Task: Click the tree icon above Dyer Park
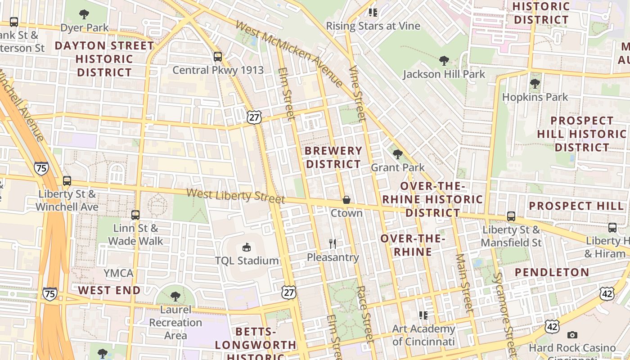point(84,14)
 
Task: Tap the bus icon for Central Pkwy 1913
point(218,57)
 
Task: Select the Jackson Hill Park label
point(444,74)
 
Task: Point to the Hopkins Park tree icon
point(535,84)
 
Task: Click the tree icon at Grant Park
point(398,154)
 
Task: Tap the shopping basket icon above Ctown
point(346,200)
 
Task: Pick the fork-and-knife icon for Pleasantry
point(333,244)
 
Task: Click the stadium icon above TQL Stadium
point(247,247)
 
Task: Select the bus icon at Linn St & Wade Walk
point(135,215)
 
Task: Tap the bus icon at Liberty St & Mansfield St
point(511,216)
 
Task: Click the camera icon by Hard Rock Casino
point(572,335)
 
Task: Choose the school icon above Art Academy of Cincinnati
point(423,315)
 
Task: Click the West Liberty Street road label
point(235,196)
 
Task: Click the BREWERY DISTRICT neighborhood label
point(333,157)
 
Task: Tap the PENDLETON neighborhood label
point(552,272)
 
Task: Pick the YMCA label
point(118,273)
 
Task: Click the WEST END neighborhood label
point(109,290)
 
